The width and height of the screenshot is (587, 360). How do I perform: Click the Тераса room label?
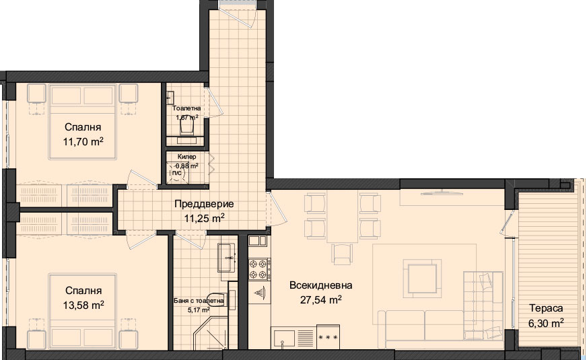click(546, 308)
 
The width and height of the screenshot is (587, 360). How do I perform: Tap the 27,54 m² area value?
click(321, 299)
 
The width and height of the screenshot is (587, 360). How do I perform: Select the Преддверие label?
click(204, 204)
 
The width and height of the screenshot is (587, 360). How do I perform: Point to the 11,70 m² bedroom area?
click(83, 142)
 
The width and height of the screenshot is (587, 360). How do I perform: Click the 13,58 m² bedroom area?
click(83, 305)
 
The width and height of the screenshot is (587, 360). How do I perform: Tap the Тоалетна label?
click(186, 108)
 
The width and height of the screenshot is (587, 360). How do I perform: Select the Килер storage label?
click(187, 157)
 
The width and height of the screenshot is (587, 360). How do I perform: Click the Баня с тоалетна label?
click(199, 301)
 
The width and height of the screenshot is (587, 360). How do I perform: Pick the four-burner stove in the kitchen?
click(259, 269)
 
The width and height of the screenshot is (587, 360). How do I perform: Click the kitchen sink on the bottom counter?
click(283, 338)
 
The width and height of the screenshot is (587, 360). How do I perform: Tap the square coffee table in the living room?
click(422, 279)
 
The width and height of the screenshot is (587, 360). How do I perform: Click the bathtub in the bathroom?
click(227, 258)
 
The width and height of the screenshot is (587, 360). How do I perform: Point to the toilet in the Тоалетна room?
click(187, 127)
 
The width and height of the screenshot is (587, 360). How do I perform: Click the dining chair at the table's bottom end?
click(342, 254)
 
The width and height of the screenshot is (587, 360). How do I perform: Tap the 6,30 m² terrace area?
click(546, 323)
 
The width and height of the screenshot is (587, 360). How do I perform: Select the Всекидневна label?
click(321, 285)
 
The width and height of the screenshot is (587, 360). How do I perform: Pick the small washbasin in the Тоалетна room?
click(170, 98)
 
